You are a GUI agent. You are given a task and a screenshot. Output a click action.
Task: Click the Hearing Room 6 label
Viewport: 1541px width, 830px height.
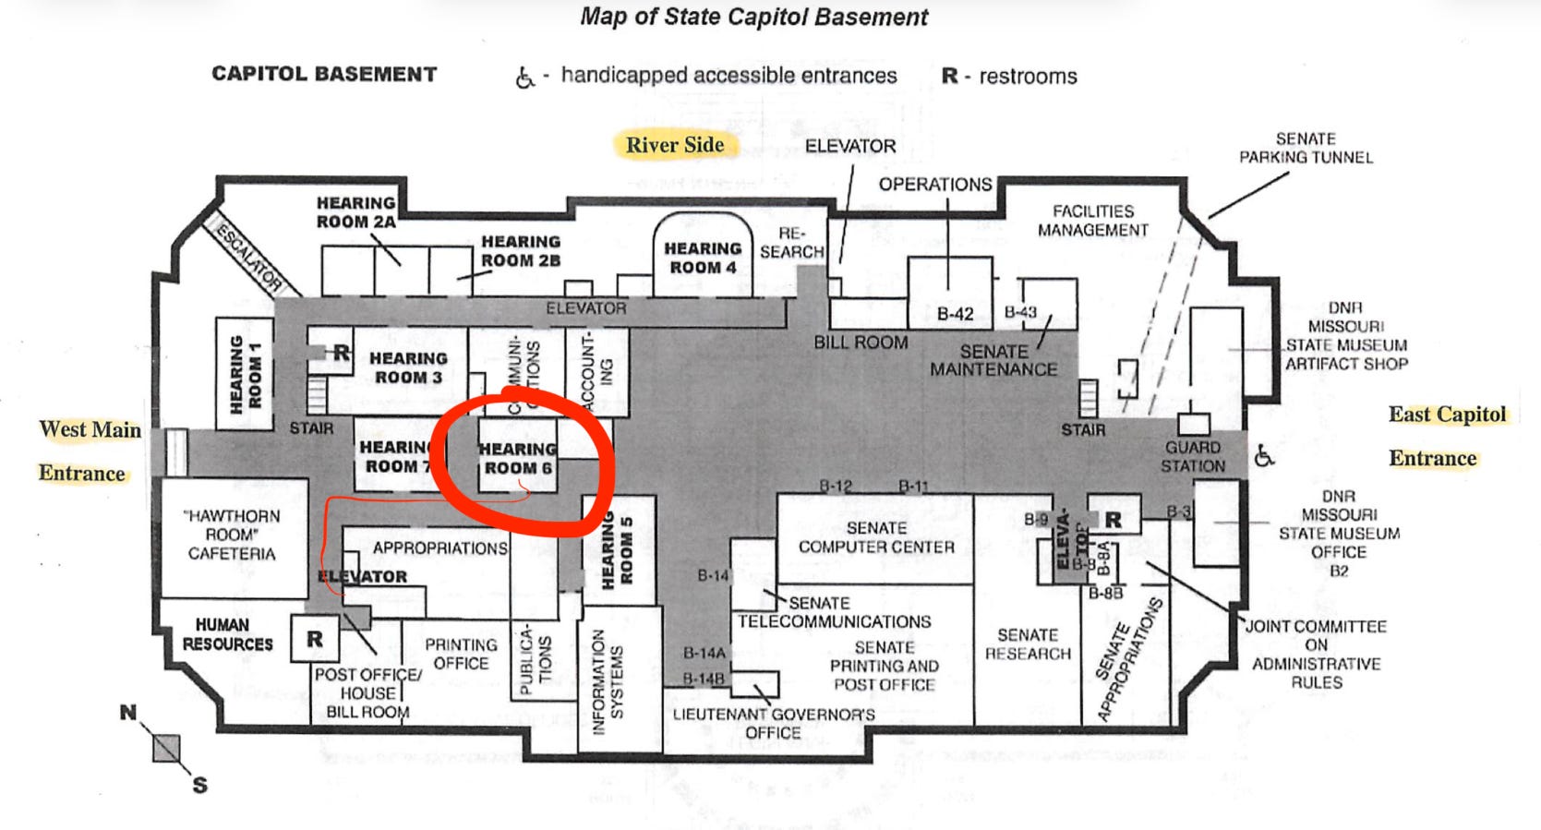[x=518, y=458]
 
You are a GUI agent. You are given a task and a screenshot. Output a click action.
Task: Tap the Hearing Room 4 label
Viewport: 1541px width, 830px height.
[x=703, y=258]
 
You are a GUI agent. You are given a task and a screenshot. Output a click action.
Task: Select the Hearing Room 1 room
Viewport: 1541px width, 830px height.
[x=245, y=372]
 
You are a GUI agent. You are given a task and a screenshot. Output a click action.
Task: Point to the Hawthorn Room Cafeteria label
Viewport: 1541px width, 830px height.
[x=232, y=535]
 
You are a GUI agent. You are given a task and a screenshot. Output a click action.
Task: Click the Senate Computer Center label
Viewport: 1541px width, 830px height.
[x=876, y=537]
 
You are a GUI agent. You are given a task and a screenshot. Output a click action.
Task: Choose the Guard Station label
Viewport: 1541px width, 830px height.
[x=1193, y=456]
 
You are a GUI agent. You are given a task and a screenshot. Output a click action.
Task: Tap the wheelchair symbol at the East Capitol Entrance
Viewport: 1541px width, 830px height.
[x=1264, y=455]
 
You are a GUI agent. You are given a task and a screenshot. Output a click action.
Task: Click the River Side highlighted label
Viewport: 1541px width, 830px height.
[x=675, y=145]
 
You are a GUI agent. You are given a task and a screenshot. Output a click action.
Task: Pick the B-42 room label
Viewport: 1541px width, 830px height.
[x=955, y=314]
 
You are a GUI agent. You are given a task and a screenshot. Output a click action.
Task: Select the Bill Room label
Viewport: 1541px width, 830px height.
[x=861, y=343]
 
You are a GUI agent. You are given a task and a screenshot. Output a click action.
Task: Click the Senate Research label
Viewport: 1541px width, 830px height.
[x=1028, y=644]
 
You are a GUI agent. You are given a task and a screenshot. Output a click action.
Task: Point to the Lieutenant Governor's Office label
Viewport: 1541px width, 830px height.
[x=774, y=723]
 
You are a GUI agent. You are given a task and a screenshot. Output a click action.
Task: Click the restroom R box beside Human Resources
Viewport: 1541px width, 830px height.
[x=315, y=639]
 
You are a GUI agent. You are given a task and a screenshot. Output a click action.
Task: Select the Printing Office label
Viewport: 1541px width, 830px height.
[x=461, y=654]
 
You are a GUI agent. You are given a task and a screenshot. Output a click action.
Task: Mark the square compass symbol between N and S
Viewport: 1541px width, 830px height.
[x=166, y=749]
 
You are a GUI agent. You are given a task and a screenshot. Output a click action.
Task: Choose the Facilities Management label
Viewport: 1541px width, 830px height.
[x=1093, y=221]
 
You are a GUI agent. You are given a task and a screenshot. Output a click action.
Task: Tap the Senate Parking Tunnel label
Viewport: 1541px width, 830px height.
[x=1306, y=148]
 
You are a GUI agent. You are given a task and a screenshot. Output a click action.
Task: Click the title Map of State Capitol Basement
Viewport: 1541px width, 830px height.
[x=754, y=17]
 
